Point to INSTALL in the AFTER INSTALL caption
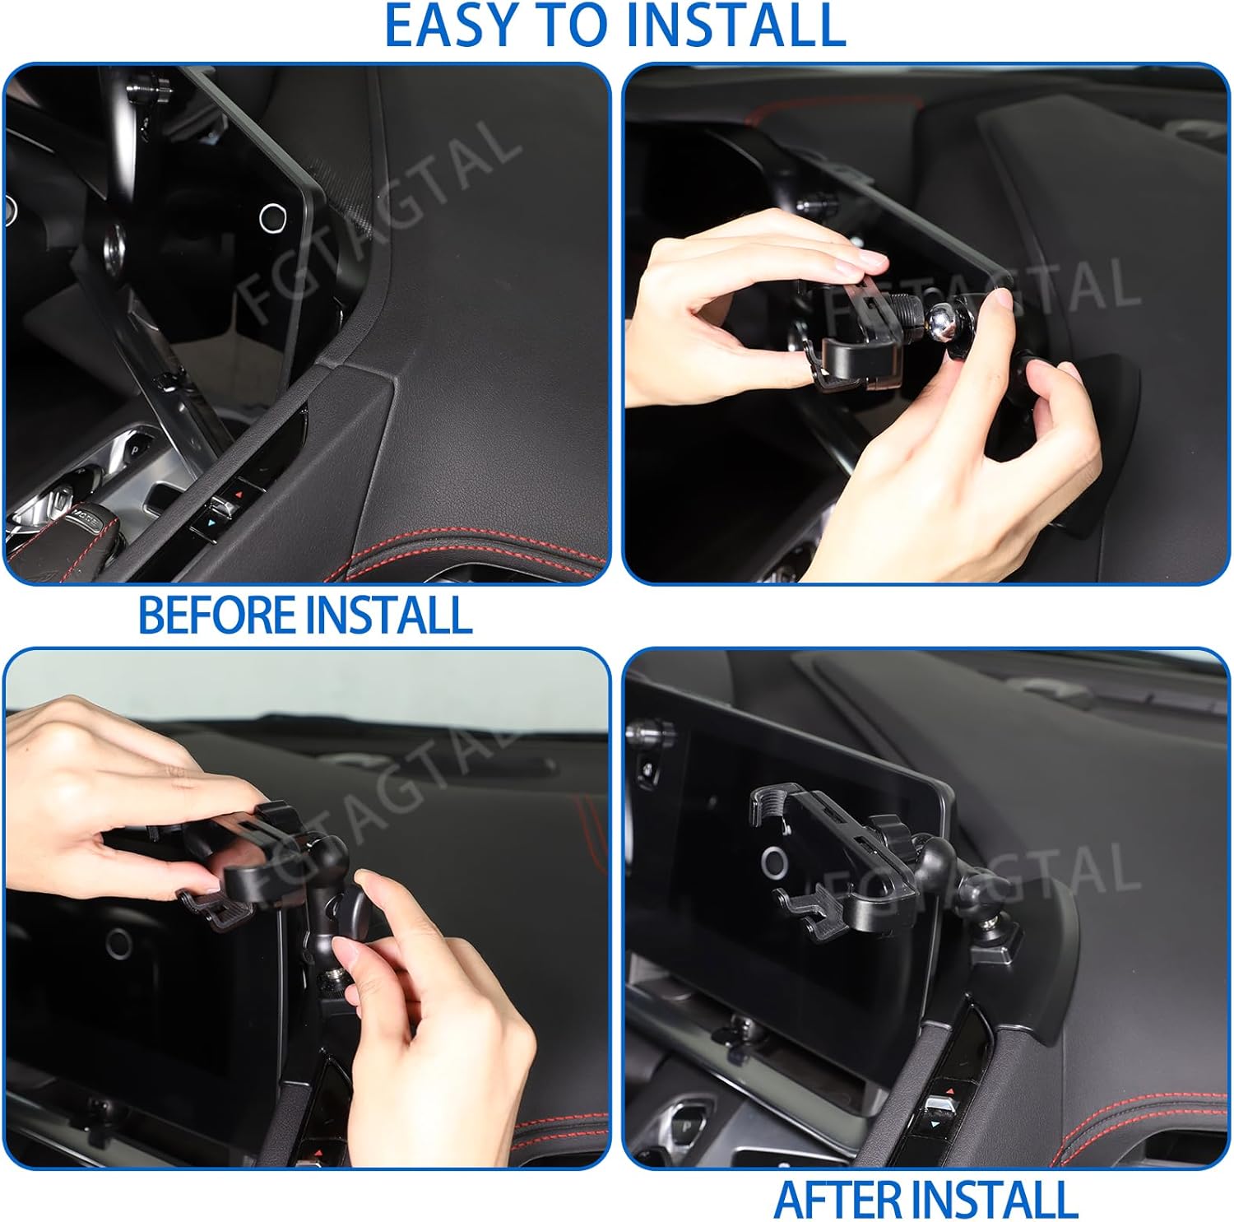1004,1199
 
